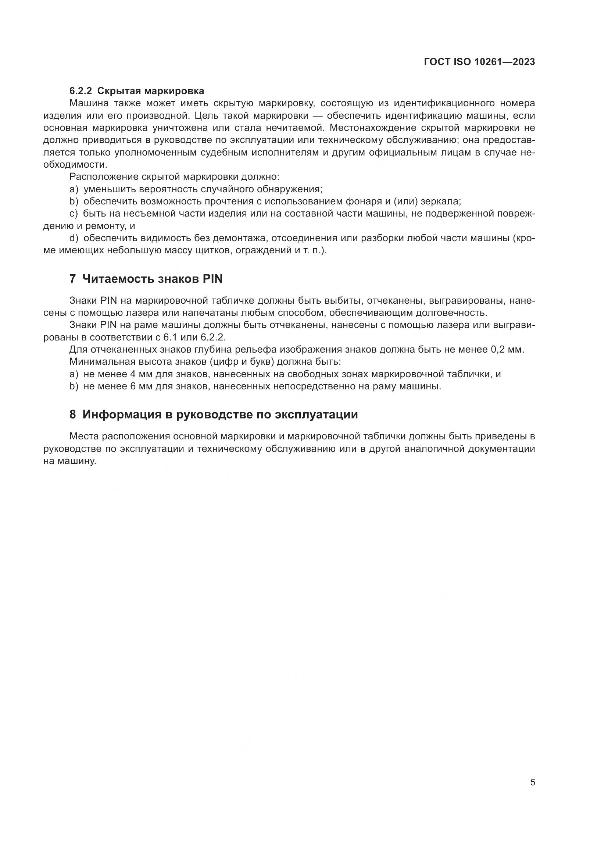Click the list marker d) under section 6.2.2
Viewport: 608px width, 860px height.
[74, 238]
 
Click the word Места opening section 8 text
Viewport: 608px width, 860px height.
[84, 436]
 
